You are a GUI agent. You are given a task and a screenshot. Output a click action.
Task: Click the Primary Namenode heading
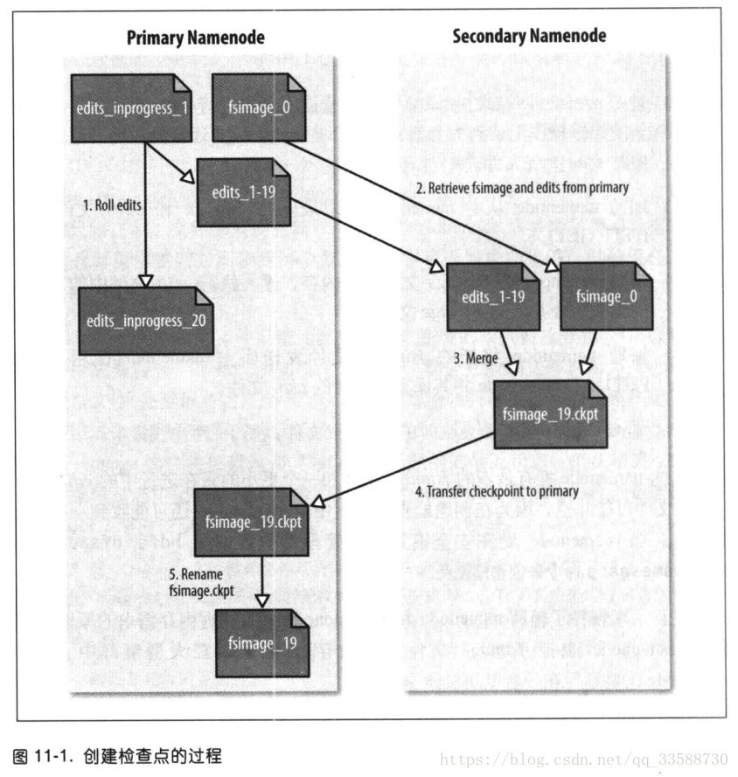click(195, 38)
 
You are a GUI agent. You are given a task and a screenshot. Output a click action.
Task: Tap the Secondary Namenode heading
click(529, 36)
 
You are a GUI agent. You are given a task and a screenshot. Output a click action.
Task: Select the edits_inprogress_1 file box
click(132, 108)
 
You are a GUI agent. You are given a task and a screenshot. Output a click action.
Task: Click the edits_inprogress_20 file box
click(145, 321)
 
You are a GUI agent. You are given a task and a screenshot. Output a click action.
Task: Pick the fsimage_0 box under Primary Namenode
click(260, 108)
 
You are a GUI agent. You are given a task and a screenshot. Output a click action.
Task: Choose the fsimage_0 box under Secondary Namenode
click(606, 296)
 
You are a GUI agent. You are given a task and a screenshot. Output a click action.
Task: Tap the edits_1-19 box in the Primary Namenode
click(244, 191)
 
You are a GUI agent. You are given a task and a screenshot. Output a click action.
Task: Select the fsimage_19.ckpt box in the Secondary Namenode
click(550, 414)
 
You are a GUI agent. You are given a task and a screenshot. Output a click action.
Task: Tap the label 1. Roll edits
click(112, 205)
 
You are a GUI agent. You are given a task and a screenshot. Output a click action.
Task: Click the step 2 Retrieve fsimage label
click(521, 188)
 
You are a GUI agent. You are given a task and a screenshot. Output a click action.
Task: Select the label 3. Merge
click(476, 358)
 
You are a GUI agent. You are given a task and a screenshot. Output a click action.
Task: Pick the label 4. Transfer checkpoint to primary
click(496, 492)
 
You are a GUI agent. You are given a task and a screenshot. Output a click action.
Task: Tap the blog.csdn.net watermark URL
click(583, 758)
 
